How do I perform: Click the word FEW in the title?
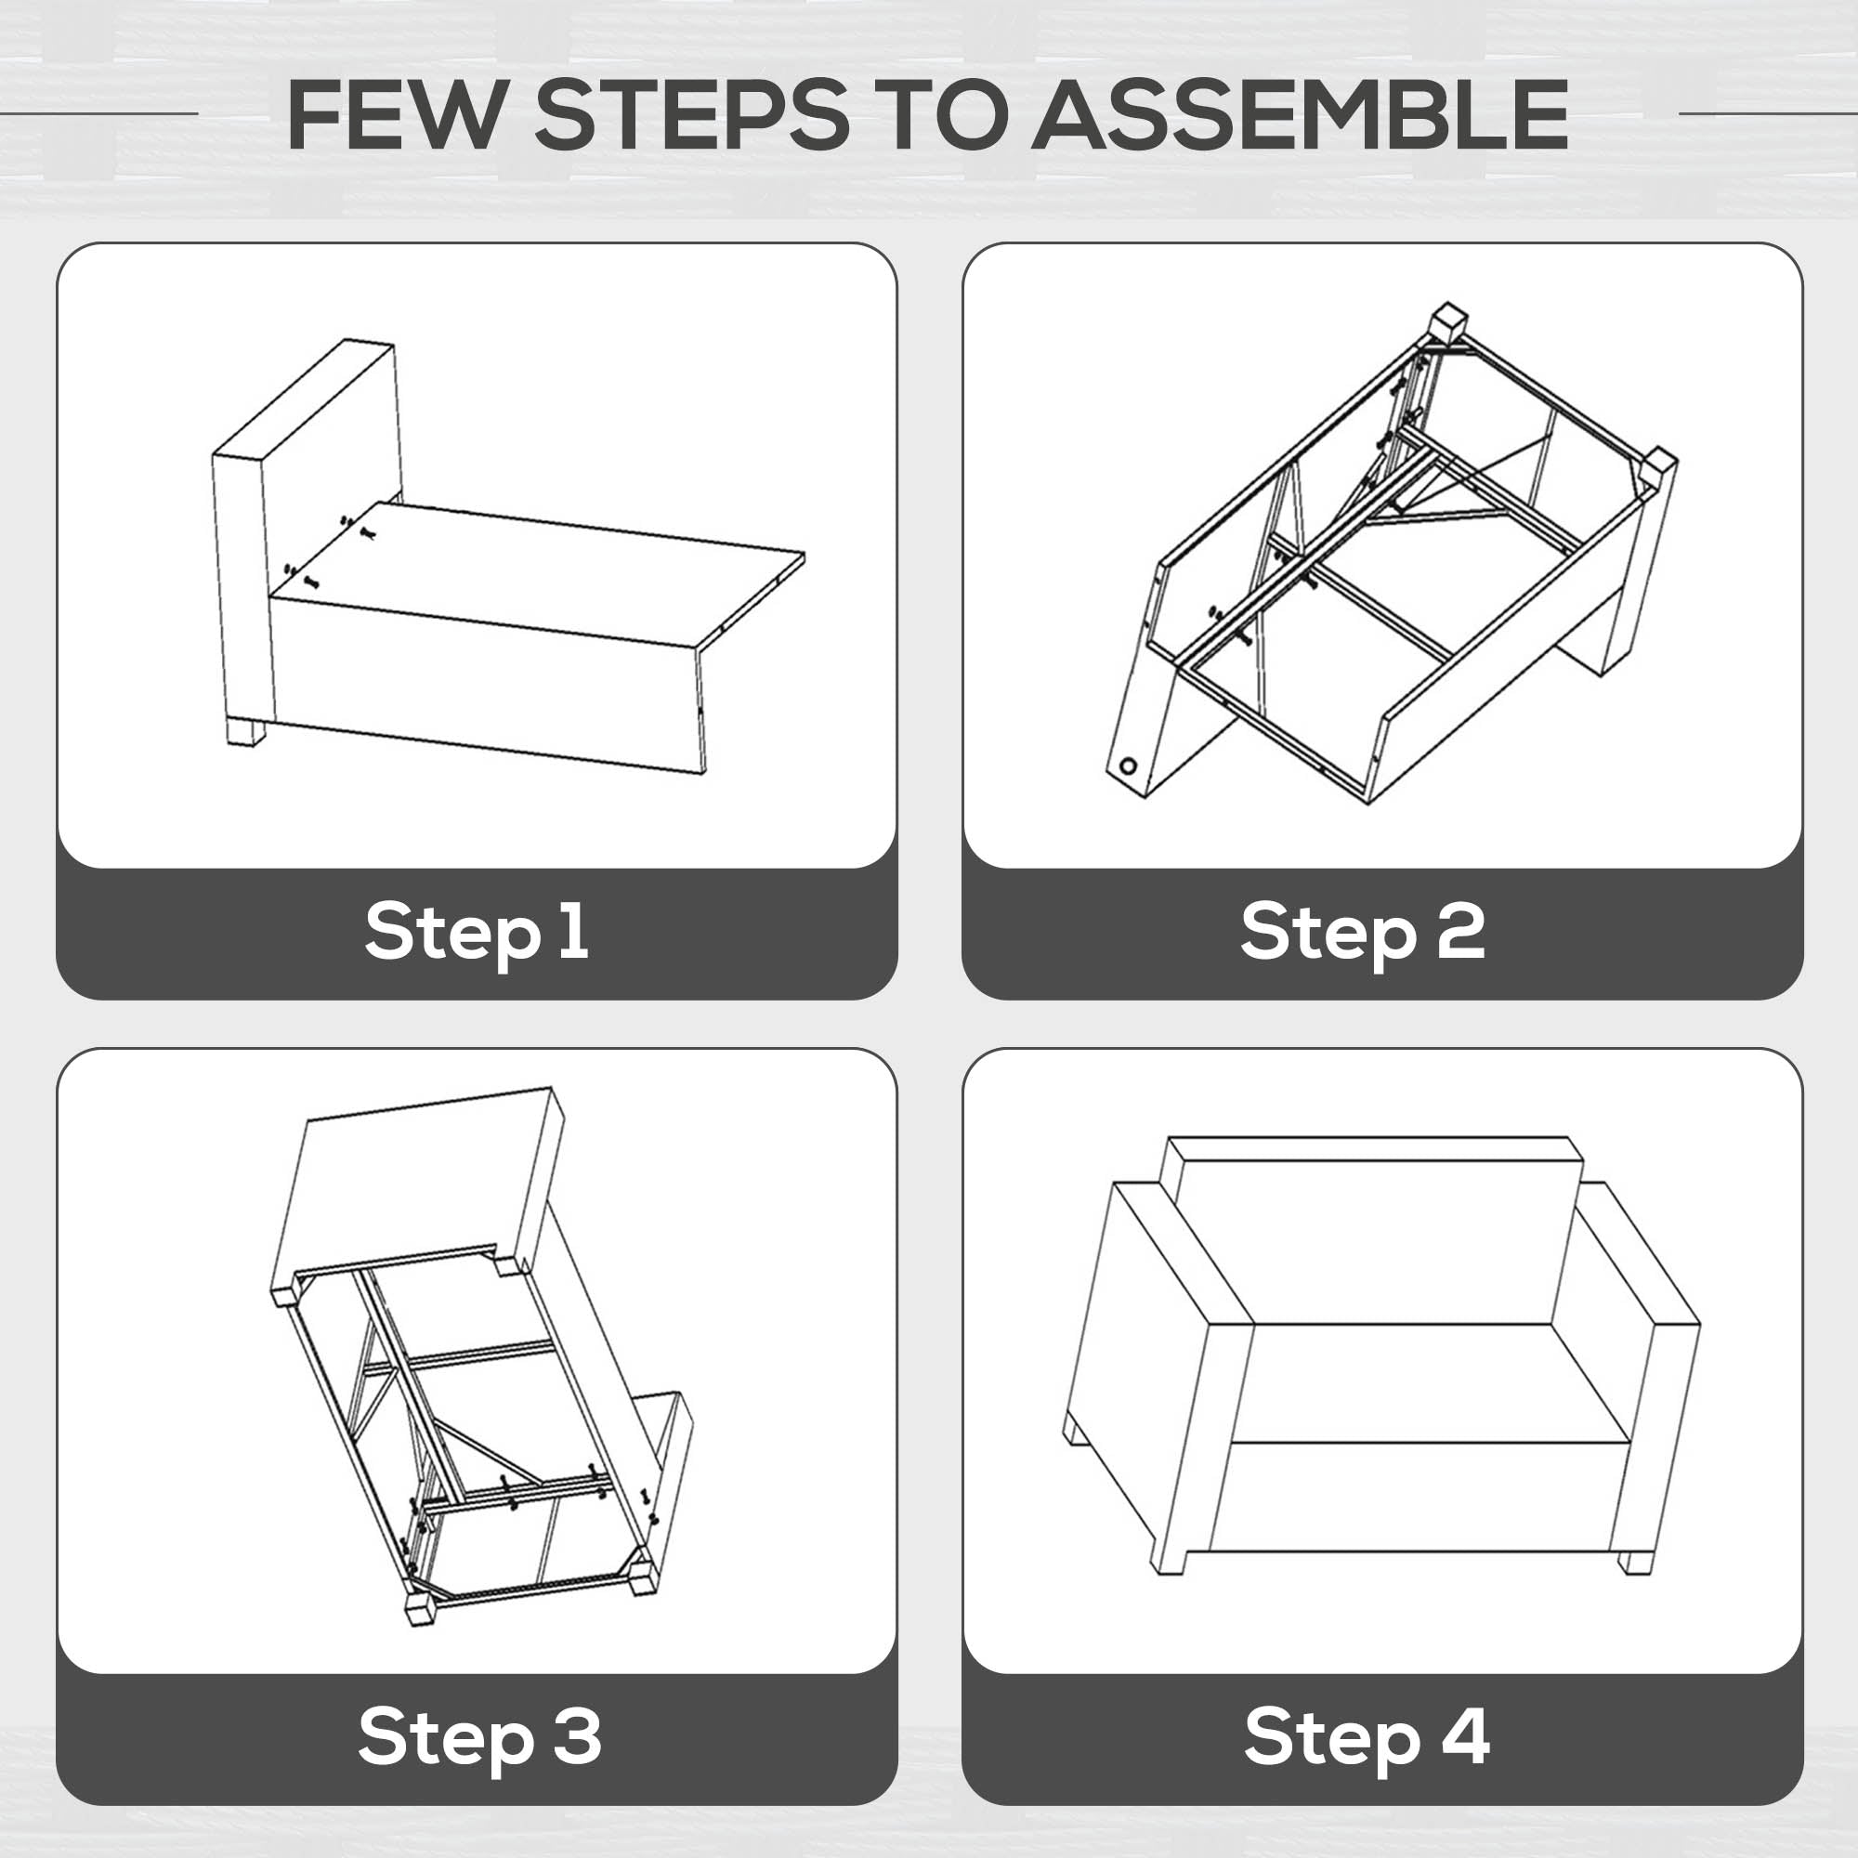point(395,114)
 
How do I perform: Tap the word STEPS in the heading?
point(691,114)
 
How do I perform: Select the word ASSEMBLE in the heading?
point(1301,114)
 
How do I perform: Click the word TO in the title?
point(940,114)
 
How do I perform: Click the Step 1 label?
point(477,932)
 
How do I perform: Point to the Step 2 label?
point(1363,932)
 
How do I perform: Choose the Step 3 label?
point(480,1737)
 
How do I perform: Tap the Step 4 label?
point(1367,1737)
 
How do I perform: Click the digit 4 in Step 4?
point(1465,1734)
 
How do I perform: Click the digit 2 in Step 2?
point(1461,929)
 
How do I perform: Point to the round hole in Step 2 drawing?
point(1127,766)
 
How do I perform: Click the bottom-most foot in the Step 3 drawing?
point(420,1611)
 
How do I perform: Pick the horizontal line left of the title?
point(99,113)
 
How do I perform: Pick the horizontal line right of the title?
point(1768,113)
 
